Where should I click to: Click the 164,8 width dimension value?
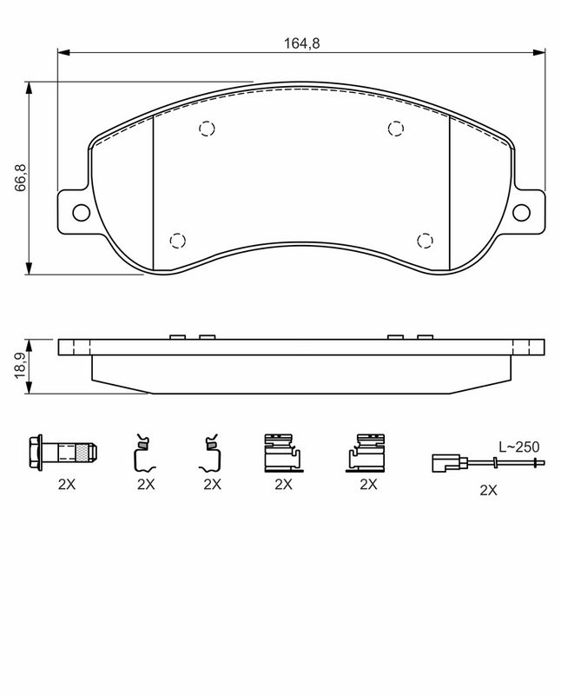click(301, 43)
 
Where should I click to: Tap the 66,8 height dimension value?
click(21, 178)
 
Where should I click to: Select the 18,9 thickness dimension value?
click(21, 366)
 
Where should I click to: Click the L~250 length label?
click(519, 447)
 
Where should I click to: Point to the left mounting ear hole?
click(81, 213)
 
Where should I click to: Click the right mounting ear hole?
click(521, 213)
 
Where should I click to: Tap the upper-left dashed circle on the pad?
click(207, 129)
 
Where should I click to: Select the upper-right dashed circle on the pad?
click(396, 129)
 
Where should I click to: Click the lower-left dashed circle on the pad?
click(177, 241)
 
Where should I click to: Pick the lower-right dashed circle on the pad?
click(425, 241)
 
